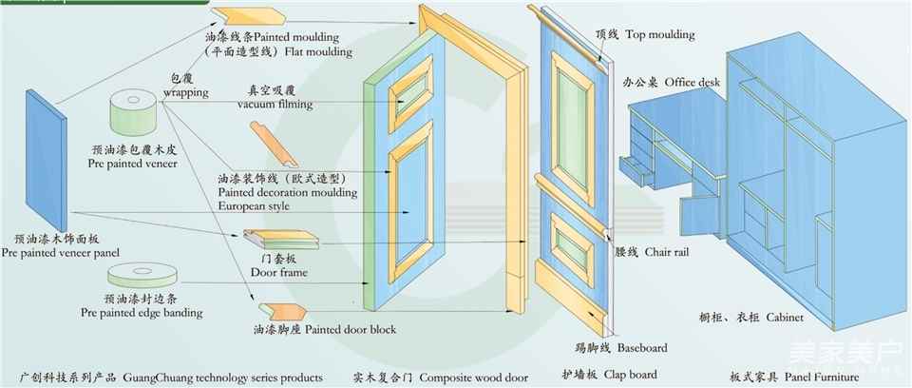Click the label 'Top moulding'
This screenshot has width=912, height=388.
tap(658, 35)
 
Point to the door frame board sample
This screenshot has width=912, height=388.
tap(275, 242)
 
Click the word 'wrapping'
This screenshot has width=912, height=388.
tap(186, 94)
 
